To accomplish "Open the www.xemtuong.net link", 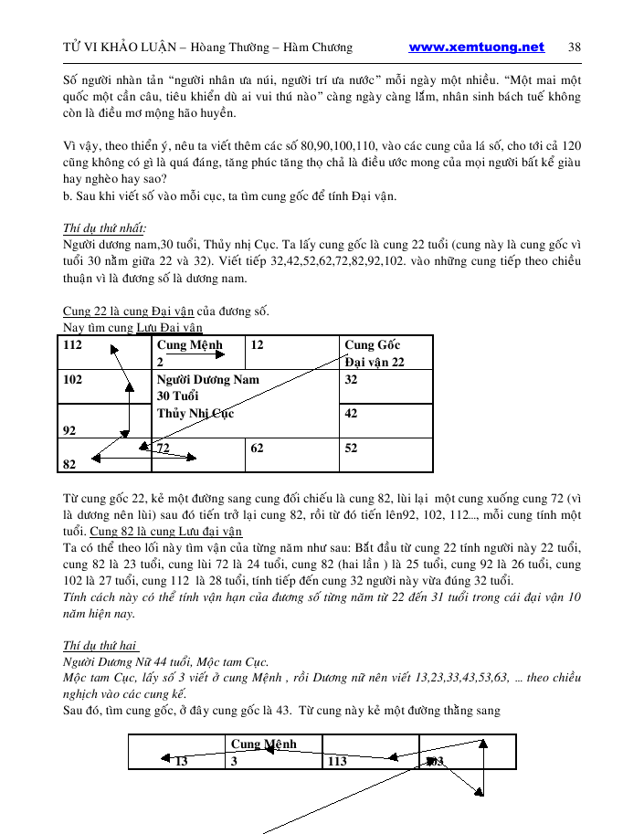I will pyautogui.click(x=476, y=48).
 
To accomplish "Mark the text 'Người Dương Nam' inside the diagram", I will pyautogui.click(x=207, y=379).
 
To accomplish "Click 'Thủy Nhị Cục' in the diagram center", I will pyautogui.click(x=195, y=413).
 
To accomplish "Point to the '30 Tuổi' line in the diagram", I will pyautogui.click(x=179, y=396).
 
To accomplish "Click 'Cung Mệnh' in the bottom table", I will pyautogui.click(x=264, y=744).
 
